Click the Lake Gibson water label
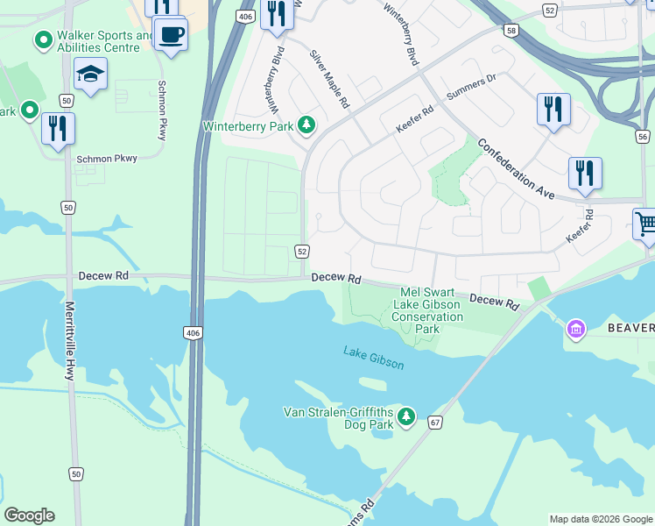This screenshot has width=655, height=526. (374, 358)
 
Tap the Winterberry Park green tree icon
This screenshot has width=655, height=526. (306, 126)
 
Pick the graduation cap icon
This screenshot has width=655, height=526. (90, 75)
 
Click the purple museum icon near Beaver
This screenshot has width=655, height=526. (575, 329)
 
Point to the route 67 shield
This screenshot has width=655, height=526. (435, 423)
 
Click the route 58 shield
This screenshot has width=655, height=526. (511, 31)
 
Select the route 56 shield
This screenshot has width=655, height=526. (642, 137)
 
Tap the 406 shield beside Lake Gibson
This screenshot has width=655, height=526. (192, 332)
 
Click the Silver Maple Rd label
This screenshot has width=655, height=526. (330, 80)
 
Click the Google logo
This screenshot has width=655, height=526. (29, 515)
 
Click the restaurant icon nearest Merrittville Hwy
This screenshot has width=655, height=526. (58, 128)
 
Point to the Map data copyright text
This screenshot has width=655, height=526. (600, 519)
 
